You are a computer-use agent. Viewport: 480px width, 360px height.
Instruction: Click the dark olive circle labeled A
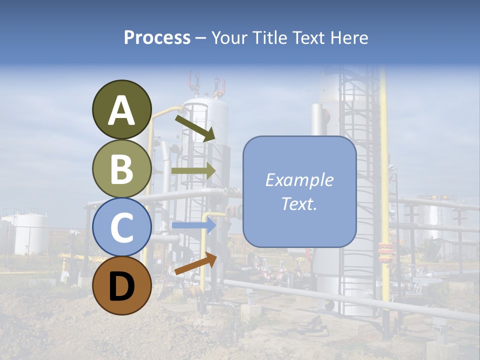122,109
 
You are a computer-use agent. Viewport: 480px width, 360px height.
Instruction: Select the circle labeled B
122,168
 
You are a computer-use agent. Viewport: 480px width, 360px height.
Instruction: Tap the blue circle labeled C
122,227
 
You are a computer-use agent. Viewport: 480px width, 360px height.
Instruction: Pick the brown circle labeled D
122,285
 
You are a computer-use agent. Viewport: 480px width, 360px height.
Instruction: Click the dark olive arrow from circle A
194,127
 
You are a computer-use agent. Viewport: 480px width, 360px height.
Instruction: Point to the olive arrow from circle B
193,171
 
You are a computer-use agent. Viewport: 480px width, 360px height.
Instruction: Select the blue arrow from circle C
193,225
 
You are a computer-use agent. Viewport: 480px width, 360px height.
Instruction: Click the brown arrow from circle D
195,263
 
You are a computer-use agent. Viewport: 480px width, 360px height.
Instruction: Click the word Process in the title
157,37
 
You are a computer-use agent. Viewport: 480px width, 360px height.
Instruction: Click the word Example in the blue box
299,180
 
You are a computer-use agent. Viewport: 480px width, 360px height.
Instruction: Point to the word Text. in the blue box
299,204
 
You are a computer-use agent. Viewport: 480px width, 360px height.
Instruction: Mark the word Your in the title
229,37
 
